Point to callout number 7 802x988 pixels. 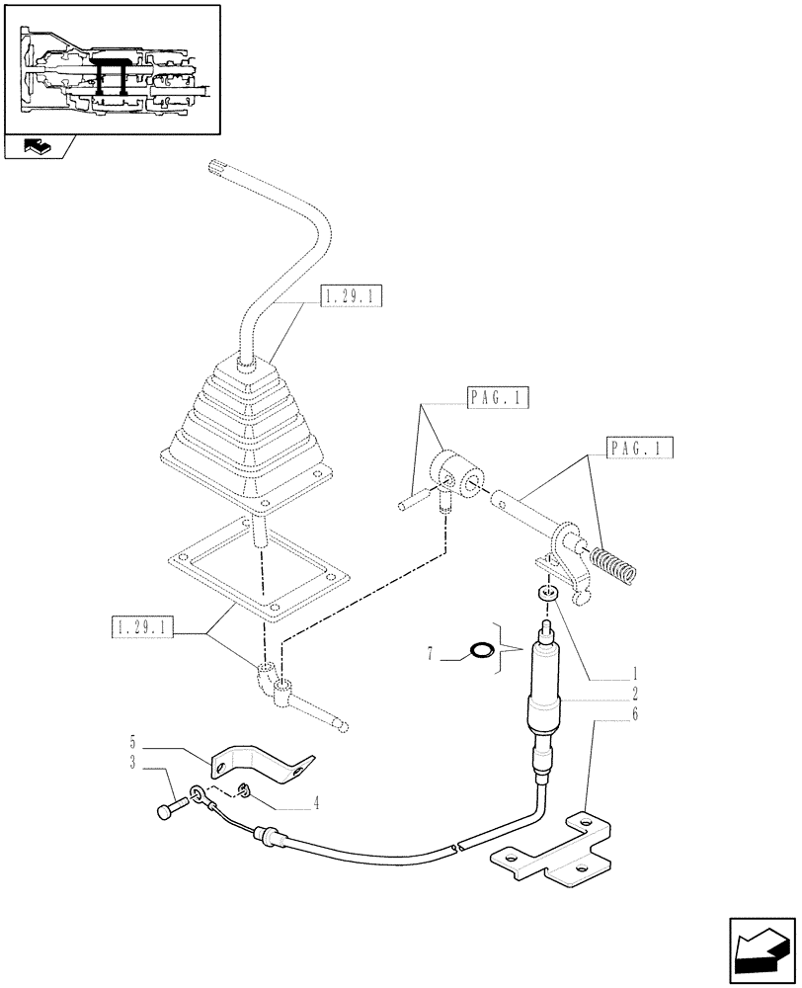[x=430, y=655]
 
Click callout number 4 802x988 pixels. [x=316, y=804]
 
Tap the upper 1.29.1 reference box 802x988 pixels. [x=352, y=296]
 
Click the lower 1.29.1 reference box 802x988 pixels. [x=144, y=627]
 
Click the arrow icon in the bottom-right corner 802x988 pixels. [x=762, y=949]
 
